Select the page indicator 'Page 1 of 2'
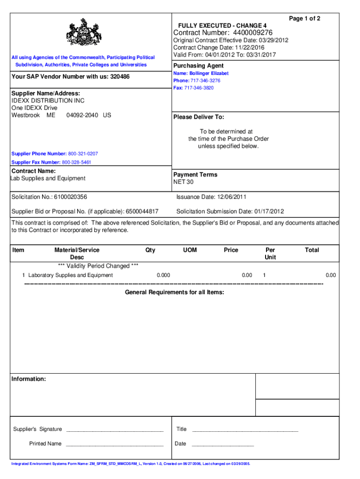click(304, 18)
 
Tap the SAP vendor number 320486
click(120, 77)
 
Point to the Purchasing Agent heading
click(198, 65)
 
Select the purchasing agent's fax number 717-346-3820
click(200, 88)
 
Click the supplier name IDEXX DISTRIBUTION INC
click(48, 101)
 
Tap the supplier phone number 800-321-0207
click(83, 154)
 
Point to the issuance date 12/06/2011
click(229, 197)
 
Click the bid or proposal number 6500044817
click(139, 211)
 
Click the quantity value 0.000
click(163, 275)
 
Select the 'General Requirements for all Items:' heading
click(174, 292)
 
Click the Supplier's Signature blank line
click(115, 429)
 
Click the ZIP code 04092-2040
click(82, 115)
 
